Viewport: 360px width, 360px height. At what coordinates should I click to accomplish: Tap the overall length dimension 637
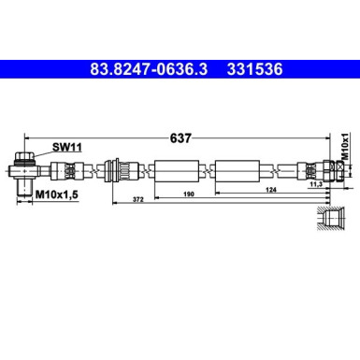[x=180, y=137]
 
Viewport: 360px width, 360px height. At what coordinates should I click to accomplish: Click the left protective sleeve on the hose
[x=176, y=171]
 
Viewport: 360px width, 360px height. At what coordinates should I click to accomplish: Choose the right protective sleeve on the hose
[x=240, y=171]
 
